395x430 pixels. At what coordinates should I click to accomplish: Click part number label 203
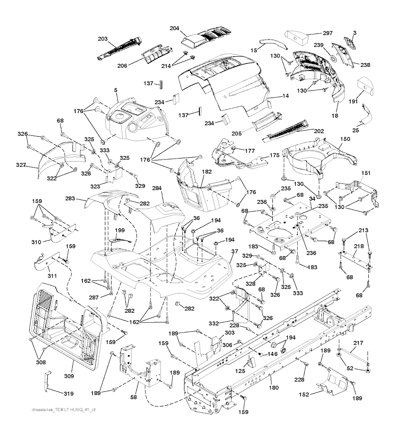103,39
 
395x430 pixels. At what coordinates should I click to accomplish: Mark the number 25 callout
355,130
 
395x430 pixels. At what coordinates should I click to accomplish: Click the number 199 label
120,230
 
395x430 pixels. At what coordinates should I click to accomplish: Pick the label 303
229,332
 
